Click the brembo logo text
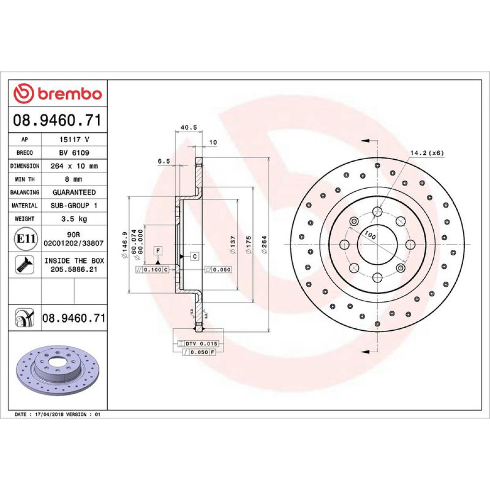(x=70, y=94)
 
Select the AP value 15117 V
(x=74, y=139)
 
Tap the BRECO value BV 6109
(x=74, y=153)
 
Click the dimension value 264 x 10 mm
(x=74, y=166)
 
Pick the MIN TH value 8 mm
(x=73, y=179)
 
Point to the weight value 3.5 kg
(x=74, y=219)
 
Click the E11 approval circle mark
(x=25, y=239)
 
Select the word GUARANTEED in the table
(x=74, y=192)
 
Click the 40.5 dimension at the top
(x=189, y=127)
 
